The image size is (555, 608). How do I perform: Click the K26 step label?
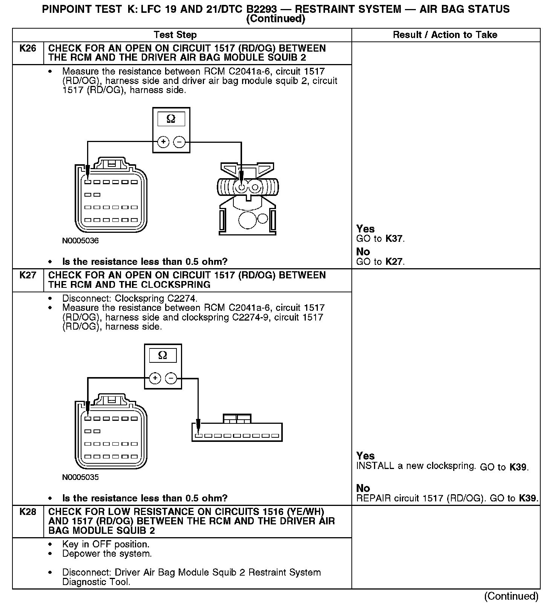28,49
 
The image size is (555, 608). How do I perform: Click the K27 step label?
28,275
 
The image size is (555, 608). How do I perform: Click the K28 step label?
28,512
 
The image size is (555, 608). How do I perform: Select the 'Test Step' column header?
175,35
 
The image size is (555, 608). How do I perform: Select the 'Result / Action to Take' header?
445,35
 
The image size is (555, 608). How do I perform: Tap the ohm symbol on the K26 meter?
171,119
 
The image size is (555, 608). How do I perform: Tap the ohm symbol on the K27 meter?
163,356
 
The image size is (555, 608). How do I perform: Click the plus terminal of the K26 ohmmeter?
163,142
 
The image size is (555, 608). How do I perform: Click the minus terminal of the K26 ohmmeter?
179,142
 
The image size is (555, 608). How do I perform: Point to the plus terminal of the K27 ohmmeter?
155,378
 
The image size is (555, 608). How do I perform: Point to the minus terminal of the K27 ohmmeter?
171,378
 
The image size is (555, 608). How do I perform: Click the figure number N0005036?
80,241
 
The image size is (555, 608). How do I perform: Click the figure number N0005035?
80,477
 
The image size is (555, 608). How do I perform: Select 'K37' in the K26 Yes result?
394,239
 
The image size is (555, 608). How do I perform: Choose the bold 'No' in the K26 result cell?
363,252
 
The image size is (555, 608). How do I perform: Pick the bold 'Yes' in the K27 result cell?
365,456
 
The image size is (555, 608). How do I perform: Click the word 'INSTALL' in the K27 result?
375,466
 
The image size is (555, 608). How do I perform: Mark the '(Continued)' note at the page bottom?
511,596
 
